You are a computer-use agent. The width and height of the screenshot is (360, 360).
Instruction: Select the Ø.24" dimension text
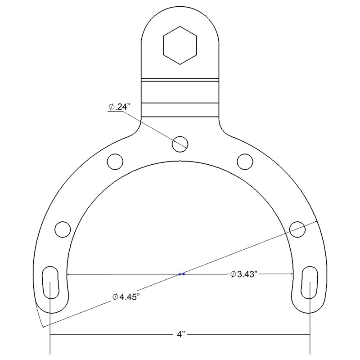pyautogui.click(x=119, y=107)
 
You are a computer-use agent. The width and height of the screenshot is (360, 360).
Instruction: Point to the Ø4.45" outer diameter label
pyautogui.click(x=127, y=297)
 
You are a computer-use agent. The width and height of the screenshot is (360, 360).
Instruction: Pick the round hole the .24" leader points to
pyautogui.click(x=180, y=144)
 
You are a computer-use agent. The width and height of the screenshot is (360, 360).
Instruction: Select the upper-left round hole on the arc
pyautogui.click(x=115, y=161)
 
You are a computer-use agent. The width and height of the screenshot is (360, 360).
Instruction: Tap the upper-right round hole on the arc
pyautogui.click(x=245, y=161)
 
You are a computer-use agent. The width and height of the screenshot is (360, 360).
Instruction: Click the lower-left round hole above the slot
pyautogui.click(x=63, y=229)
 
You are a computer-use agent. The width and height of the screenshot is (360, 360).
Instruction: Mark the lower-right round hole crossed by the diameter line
pyautogui.click(x=297, y=229)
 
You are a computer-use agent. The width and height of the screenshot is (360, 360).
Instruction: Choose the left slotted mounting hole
pyautogui.click(x=50, y=282)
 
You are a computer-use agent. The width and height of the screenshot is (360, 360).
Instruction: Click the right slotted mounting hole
pyautogui.click(x=310, y=282)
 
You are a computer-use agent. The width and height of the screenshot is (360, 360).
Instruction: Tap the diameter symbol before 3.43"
pyautogui.click(x=233, y=274)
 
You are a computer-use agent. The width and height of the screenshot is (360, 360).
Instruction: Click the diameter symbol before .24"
pyautogui.click(x=111, y=107)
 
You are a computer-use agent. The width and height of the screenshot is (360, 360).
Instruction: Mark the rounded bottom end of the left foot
pyautogui.click(x=50, y=310)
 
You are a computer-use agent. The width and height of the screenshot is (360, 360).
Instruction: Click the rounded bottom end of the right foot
pyautogui.click(x=310, y=310)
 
